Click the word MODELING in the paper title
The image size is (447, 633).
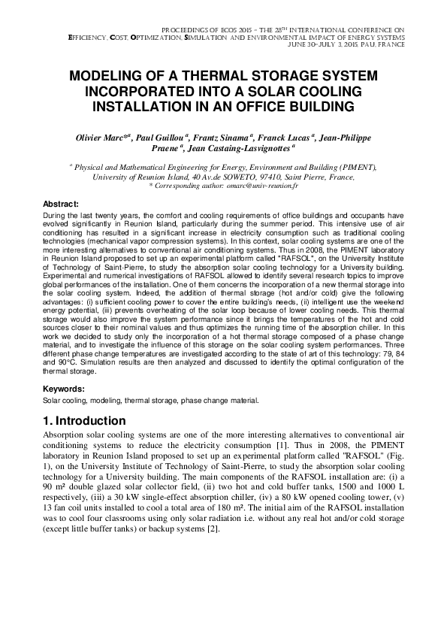pyautogui.click(x=105, y=77)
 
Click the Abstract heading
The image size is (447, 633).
pyautogui.click(x=61, y=204)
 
